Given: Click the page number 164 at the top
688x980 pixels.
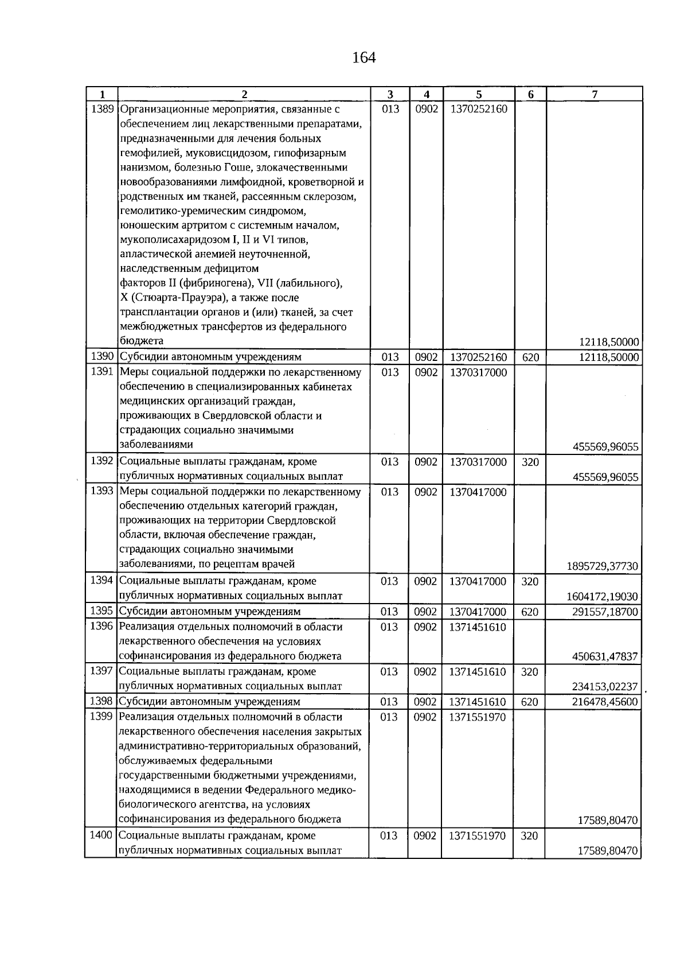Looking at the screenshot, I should (x=363, y=57).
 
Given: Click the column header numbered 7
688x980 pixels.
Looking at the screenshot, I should (x=595, y=95).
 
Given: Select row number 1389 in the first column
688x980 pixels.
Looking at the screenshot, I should (x=102, y=109).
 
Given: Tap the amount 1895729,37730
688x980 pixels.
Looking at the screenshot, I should (x=602, y=566).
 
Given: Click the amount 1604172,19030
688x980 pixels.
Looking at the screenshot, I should (x=602, y=597).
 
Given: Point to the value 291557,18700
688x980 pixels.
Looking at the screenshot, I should (x=605, y=612).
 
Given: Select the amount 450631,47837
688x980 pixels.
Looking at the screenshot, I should (x=605, y=656).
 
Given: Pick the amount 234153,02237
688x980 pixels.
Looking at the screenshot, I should (x=605, y=687).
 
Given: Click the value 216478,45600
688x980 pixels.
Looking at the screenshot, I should (x=605, y=702).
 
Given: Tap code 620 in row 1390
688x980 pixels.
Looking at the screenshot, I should (x=530, y=357).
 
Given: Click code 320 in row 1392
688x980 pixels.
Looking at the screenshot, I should (x=530, y=462).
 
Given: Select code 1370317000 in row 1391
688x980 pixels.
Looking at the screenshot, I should (x=478, y=372).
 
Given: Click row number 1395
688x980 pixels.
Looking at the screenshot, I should (x=101, y=611).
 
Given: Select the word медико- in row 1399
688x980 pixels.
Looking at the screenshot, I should (x=339, y=790).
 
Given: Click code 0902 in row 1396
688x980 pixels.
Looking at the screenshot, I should (x=425, y=627).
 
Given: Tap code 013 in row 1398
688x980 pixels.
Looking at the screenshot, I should (x=389, y=702).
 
